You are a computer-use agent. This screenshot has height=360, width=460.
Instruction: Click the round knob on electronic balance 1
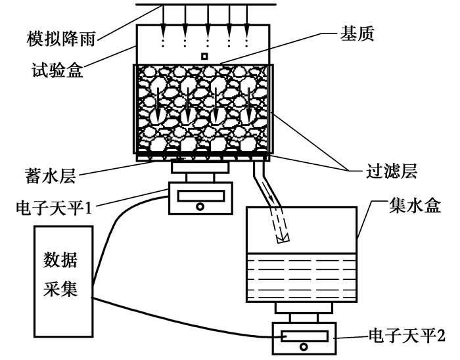(x=200, y=206)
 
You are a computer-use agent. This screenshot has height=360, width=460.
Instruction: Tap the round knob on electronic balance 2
(x=303, y=347)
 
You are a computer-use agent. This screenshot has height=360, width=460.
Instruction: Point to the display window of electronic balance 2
(x=303, y=336)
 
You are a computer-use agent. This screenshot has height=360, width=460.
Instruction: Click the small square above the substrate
(x=204, y=57)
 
